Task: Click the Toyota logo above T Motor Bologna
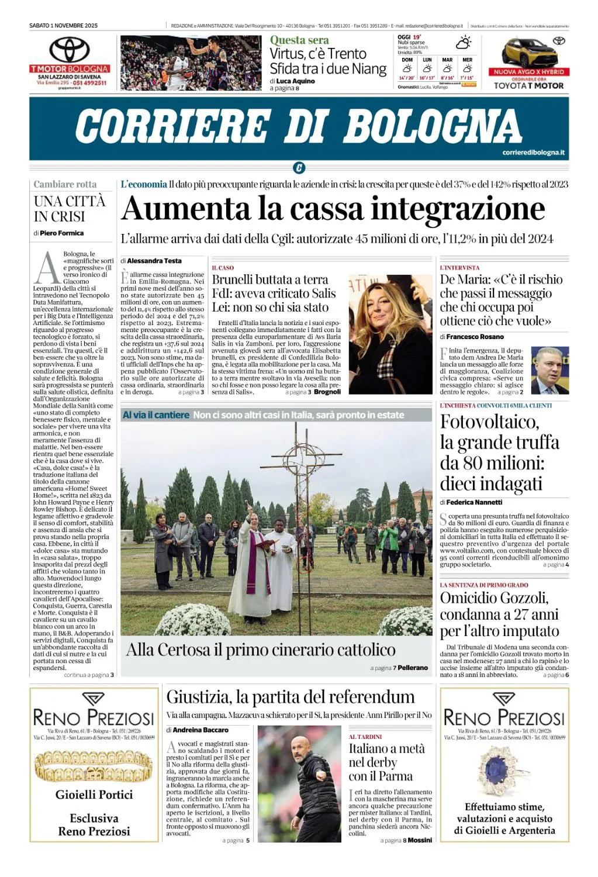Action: coord(70,50)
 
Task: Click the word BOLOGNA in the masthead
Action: coord(433,126)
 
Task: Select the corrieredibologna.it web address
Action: coord(533,153)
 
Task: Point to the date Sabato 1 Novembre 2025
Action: coord(63,26)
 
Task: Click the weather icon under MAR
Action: coord(447,69)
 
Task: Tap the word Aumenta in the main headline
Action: coord(186,209)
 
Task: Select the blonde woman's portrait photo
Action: coord(390,334)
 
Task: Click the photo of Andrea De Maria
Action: coord(549,371)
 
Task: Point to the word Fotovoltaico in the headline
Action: coord(489,422)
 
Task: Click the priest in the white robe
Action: coord(253,561)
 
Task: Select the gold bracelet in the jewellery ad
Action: coord(94,766)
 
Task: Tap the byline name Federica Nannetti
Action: coord(474,502)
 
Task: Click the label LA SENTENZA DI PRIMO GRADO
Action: coord(483,585)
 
